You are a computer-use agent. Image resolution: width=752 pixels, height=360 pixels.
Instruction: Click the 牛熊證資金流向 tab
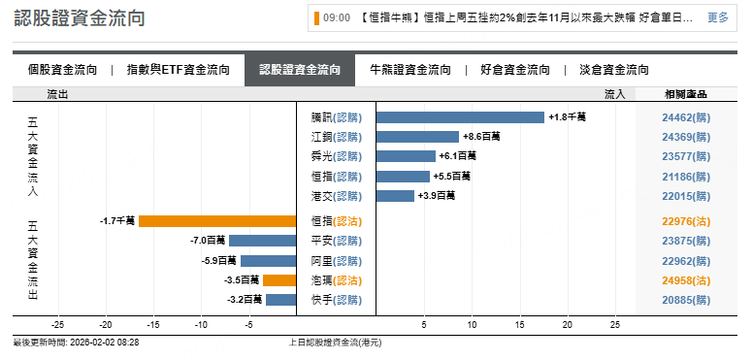410,70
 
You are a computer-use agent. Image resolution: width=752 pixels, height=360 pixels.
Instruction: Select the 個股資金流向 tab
63,70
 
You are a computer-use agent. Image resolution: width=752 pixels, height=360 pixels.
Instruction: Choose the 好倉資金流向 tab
515,70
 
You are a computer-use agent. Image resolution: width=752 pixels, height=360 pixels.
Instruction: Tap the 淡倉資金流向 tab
614,70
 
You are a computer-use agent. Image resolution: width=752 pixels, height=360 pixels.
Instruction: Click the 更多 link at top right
717,17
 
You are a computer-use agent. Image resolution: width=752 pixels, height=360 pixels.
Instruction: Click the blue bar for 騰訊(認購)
460,117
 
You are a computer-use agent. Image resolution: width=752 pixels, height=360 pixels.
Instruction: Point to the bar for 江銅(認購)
417,137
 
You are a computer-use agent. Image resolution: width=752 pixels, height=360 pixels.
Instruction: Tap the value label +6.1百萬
458,156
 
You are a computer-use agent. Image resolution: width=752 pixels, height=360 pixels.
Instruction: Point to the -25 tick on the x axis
57,325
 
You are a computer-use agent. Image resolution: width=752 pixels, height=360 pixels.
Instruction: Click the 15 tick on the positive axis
520,325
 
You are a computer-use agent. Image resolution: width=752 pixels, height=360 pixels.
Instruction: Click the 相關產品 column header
685,94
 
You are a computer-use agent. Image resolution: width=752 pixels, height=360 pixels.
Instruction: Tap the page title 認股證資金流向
81,18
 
